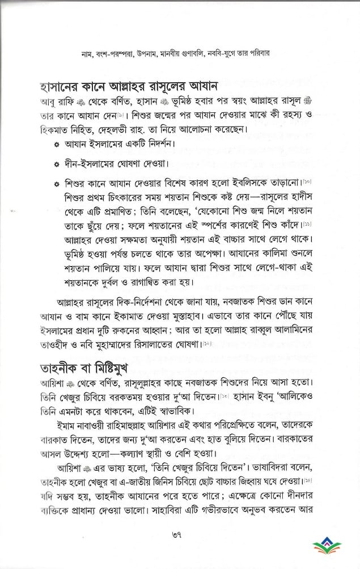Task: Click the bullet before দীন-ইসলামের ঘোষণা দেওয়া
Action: coord(56,165)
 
